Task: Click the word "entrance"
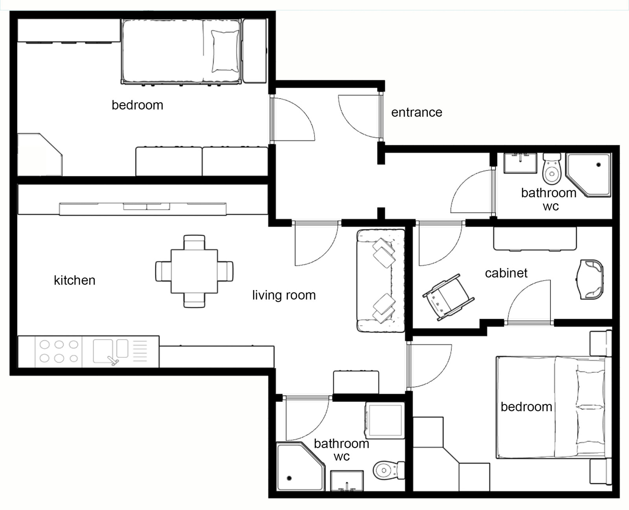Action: [417, 112]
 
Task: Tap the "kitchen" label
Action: [75, 280]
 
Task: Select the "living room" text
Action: [284, 295]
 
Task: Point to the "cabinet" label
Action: [506, 273]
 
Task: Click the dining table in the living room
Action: [194, 272]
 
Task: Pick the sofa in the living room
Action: [381, 281]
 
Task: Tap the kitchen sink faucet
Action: [113, 361]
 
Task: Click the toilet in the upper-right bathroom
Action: [552, 168]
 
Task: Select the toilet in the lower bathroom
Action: [389, 470]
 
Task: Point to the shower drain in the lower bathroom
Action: [289, 478]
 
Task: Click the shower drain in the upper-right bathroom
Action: [599, 164]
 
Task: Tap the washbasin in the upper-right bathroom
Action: [520, 163]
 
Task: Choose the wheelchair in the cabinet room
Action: [448, 297]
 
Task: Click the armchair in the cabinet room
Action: [590, 280]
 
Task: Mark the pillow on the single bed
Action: [225, 51]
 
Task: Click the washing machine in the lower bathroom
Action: [385, 420]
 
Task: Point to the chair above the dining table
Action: [194, 242]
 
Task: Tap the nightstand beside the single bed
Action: [254, 50]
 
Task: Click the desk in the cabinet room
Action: [535, 238]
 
